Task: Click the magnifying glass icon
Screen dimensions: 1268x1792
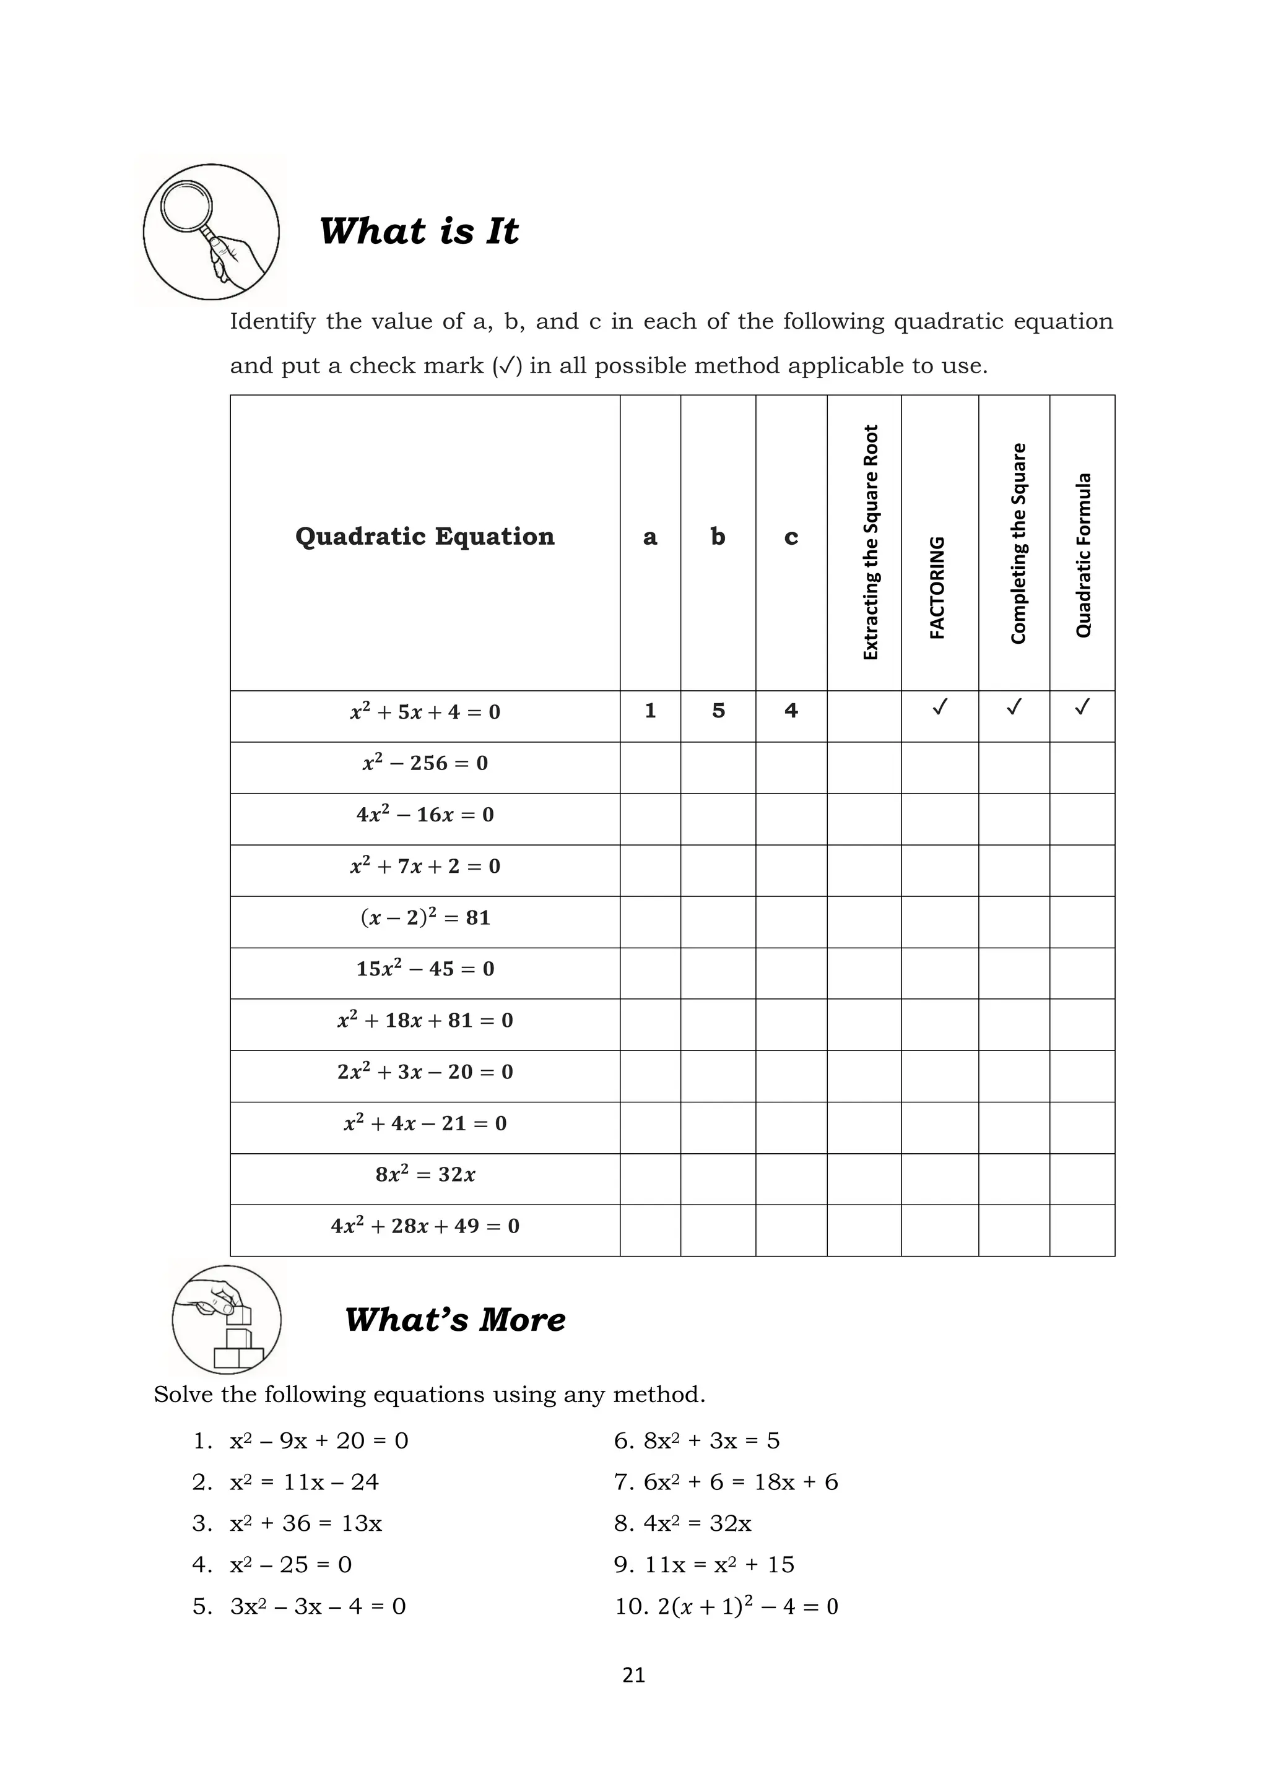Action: click(x=211, y=232)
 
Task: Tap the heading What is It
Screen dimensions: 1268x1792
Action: click(x=419, y=231)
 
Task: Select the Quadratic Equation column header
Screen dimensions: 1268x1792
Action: click(x=425, y=537)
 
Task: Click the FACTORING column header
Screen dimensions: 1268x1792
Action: click(x=938, y=587)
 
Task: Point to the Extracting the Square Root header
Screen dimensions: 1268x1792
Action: click(x=871, y=542)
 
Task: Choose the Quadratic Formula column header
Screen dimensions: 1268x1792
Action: click(x=1083, y=554)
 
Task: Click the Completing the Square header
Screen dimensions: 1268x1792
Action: click(x=1017, y=543)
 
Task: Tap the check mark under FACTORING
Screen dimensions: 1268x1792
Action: click(x=940, y=708)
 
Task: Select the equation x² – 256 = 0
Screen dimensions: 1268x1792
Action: click(x=425, y=763)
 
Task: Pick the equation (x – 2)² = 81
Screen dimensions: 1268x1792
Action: click(x=425, y=917)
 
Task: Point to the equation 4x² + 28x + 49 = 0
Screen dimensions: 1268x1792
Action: click(x=425, y=1226)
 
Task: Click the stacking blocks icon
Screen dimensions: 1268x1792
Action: click(x=227, y=1320)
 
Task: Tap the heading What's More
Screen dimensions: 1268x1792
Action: click(x=455, y=1320)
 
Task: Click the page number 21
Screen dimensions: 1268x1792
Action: click(x=634, y=1675)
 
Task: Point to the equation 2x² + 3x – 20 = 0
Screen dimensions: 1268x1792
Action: click(x=425, y=1071)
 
